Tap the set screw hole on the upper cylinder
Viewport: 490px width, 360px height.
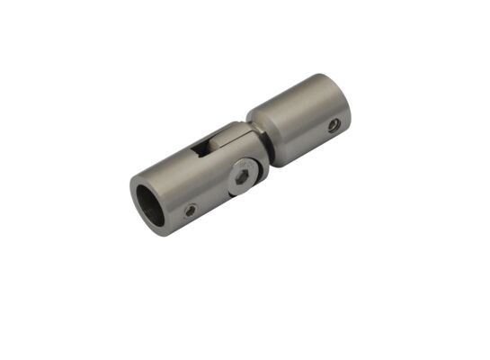(334, 125)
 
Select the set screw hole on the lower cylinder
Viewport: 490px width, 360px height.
(191, 211)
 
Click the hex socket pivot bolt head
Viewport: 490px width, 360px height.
(243, 177)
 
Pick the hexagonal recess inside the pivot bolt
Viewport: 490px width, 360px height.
(243, 177)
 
